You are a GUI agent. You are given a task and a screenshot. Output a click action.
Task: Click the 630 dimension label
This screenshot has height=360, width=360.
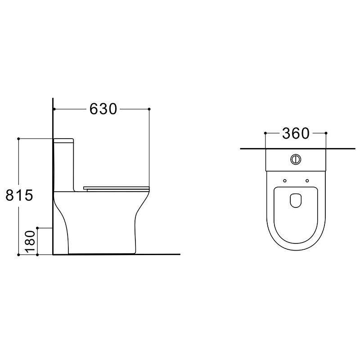coord(103,109)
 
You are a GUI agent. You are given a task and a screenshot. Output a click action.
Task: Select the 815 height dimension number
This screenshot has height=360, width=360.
coord(19,196)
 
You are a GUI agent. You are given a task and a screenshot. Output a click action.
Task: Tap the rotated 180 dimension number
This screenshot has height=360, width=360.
coord(30,242)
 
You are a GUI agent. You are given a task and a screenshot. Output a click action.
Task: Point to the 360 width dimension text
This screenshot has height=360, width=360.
coord(296,134)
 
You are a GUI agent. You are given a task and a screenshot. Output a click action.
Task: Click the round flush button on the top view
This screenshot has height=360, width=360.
coord(296,159)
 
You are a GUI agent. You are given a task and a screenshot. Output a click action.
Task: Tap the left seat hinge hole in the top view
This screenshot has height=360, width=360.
coord(285,181)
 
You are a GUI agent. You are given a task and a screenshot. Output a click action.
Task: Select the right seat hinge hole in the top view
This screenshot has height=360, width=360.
coord(307,181)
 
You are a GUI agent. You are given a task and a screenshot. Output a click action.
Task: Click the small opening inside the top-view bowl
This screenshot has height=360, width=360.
coord(296,200)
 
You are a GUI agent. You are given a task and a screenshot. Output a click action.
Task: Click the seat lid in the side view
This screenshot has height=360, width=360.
coord(117,189)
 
